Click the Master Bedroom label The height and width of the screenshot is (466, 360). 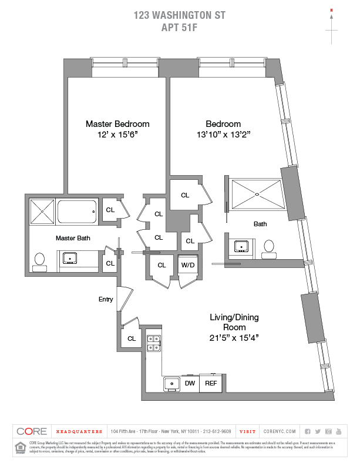[x=117, y=124]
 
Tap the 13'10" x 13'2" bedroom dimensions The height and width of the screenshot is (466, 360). [x=223, y=135]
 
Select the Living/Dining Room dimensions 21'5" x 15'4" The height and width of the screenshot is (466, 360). [x=234, y=338]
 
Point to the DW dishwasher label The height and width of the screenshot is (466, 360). [x=190, y=383]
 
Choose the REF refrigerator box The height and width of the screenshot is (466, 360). [x=210, y=383]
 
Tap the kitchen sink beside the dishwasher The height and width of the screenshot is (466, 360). [x=173, y=384]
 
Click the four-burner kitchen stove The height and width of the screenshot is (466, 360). [x=153, y=343]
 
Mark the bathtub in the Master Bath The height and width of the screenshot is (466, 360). [x=76, y=211]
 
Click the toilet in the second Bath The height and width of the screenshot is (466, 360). [x=270, y=247]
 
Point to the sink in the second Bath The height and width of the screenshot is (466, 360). [x=241, y=246]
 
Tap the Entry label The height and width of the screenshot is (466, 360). [x=106, y=300]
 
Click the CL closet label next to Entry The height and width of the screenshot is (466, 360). [x=132, y=338]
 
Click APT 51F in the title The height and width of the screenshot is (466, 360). [x=179, y=26]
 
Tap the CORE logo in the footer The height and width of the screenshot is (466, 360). [x=32, y=431]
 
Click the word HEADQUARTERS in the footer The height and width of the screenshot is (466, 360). [x=78, y=431]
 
